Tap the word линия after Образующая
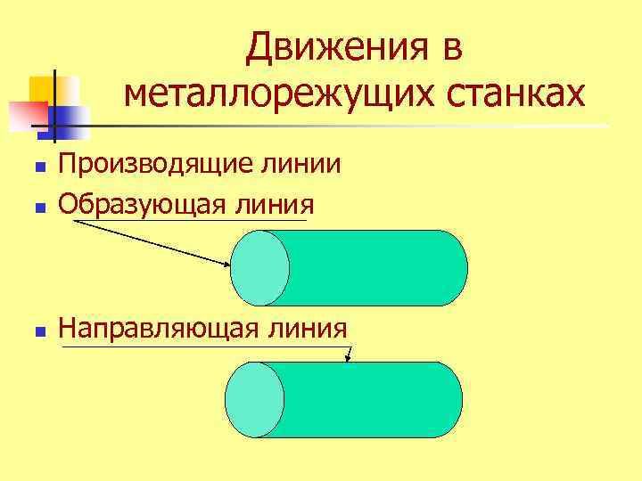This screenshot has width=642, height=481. coord(276,204)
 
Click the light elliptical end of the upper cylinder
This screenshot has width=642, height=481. coord(260,267)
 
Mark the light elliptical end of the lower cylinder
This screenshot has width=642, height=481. coord(254,399)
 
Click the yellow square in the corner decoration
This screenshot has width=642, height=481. coord(45,89)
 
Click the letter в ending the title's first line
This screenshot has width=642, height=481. coord(450,47)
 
